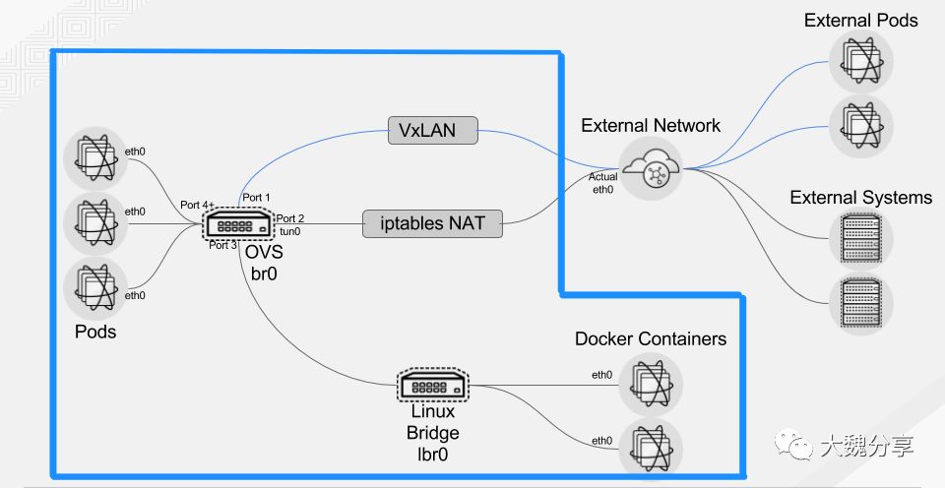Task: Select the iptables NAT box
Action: click(x=432, y=223)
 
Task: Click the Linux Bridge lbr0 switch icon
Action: click(x=434, y=385)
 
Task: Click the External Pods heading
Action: click(x=860, y=20)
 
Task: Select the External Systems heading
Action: click(x=860, y=198)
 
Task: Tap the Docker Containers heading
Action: click(x=651, y=339)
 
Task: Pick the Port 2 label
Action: click(x=290, y=218)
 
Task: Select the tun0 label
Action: click(x=289, y=231)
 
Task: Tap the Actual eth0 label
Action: click(x=603, y=183)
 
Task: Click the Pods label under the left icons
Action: click(x=95, y=332)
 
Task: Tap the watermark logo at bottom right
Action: click(x=793, y=447)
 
